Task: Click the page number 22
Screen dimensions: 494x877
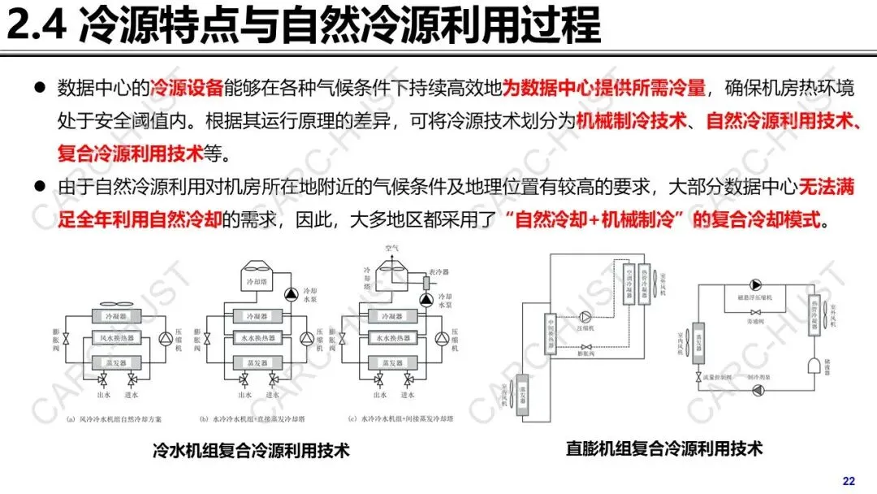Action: pos(849,481)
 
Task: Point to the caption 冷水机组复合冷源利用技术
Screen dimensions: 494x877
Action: pos(251,449)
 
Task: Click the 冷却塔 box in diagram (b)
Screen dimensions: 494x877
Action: pos(255,280)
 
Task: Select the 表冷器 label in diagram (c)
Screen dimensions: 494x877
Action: pos(438,272)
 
